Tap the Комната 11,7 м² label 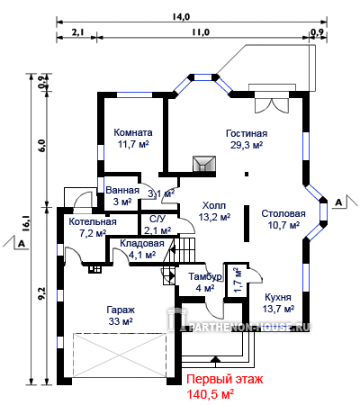(x=133, y=139)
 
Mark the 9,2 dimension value (x=41, y=292)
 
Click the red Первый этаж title (x=225, y=379)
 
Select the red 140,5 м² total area (x=211, y=394)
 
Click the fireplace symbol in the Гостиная (x=204, y=164)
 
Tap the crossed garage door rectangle (x=120, y=355)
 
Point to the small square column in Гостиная (x=247, y=174)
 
